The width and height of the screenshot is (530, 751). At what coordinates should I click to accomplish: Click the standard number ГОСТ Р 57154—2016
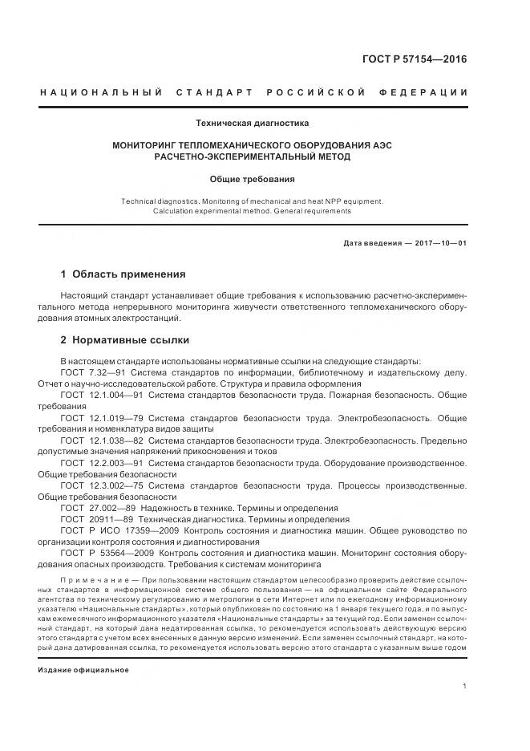click(x=416, y=59)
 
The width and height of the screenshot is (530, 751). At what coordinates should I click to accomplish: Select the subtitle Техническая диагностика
click(x=253, y=123)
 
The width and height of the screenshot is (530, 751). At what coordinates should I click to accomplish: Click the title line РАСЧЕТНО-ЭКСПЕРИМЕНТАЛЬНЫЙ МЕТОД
click(x=253, y=156)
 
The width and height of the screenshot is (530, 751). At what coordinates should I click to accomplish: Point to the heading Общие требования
click(x=253, y=180)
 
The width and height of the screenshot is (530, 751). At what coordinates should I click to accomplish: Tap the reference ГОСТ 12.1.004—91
click(x=102, y=396)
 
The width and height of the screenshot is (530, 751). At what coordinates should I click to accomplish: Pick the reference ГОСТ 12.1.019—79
click(x=102, y=418)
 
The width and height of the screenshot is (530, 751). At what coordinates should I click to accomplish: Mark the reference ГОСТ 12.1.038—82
click(x=102, y=440)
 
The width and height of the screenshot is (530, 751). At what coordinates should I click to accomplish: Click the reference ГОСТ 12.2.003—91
click(x=102, y=463)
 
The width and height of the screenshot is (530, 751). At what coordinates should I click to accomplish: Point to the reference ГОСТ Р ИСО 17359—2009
click(x=119, y=530)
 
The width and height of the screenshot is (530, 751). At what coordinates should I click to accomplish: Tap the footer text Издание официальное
click(x=83, y=669)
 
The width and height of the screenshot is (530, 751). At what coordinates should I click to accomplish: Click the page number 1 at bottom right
click(x=465, y=686)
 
